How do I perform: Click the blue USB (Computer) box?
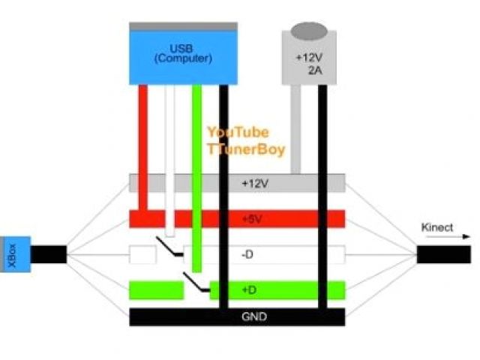click(183, 57)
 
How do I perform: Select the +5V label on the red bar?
click(253, 218)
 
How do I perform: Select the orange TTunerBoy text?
click(245, 149)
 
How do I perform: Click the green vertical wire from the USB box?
click(197, 150)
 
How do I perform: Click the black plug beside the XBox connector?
click(49, 254)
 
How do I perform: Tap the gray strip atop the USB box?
click(183, 26)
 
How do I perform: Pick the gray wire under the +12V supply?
click(295, 127)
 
